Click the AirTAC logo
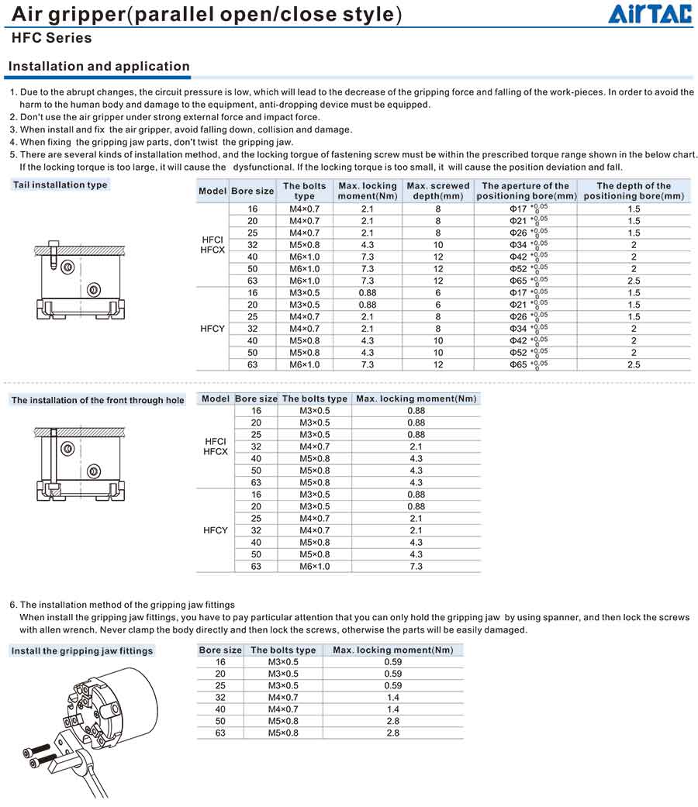coord(649,14)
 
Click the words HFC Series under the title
coord(52,38)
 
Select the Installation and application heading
coord(99,67)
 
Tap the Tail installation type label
coord(60,185)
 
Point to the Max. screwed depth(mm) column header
coord(438,191)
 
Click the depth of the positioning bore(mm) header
coord(634,191)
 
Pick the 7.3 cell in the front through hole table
coord(416,567)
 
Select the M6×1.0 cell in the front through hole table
coord(314,567)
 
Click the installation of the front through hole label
coord(98,400)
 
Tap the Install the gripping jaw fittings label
coord(82,650)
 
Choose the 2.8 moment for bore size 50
coord(392,721)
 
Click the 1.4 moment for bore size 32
coord(392,697)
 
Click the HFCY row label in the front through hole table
coord(215,530)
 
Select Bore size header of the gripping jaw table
coord(220,650)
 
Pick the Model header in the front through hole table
coord(215,398)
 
